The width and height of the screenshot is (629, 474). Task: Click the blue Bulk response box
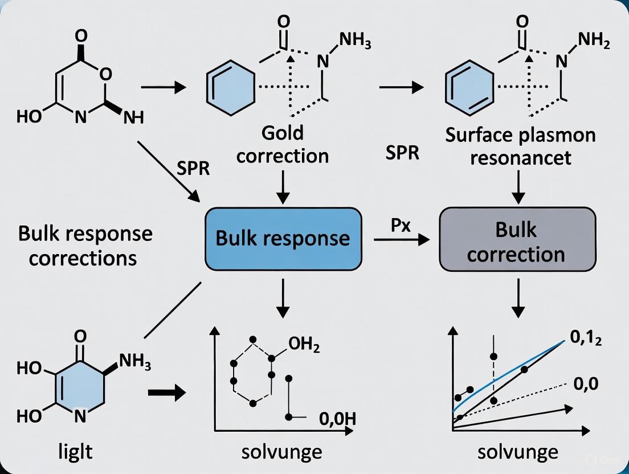click(x=283, y=238)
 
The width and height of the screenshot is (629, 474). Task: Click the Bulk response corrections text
click(x=85, y=246)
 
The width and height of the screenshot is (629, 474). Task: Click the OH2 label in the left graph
click(x=304, y=345)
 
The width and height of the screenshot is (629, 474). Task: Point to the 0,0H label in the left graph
click(x=337, y=420)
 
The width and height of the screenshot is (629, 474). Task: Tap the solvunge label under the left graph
click(x=282, y=452)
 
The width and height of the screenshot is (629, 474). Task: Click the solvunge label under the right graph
click(x=517, y=452)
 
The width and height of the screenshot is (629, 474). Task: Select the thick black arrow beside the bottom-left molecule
click(x=166, y=392)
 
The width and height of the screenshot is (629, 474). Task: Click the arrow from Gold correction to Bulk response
click(x=283, y=186)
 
